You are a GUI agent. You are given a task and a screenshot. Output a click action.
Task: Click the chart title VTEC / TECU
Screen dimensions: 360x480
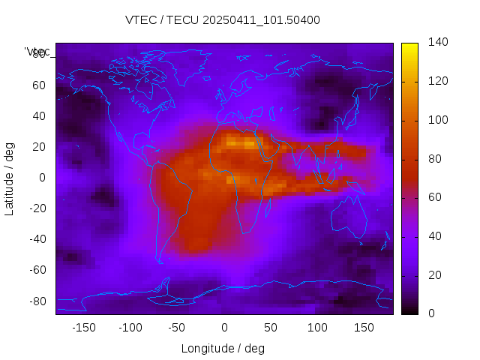click(x=222, y=20)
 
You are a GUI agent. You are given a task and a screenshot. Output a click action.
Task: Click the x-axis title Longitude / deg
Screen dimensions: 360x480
click(x=223, y=348)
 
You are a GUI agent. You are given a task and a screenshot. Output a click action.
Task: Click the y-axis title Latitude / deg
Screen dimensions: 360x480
click(x=10, y=177)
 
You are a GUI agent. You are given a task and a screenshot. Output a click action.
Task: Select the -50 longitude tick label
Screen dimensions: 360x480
click(x=177, y=327)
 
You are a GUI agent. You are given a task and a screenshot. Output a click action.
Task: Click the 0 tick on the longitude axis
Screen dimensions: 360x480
click(x=223, y=327)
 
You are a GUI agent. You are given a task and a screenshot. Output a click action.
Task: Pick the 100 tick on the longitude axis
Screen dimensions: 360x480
click(x=317, y=327)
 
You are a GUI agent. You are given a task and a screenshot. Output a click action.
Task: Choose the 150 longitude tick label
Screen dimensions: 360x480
click(x=364, y=327)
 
